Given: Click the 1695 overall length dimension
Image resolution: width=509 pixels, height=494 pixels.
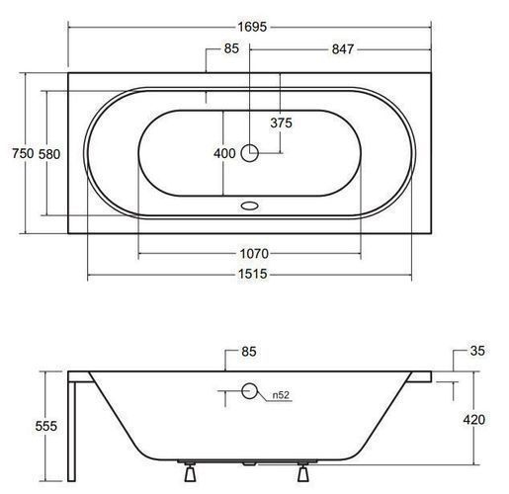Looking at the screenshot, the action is point(252,27).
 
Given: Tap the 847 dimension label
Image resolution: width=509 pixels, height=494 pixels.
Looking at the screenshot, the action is point(343,49).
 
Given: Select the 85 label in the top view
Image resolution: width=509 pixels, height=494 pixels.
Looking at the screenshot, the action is point(231,48).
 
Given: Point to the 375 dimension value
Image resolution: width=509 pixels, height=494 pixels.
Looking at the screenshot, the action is point(281,123).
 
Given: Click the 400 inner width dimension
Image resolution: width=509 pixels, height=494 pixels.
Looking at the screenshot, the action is point(224,153).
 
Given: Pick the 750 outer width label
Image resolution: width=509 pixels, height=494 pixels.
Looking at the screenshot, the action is point(23,153).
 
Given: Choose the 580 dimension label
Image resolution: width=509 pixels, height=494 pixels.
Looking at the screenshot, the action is point(49,154).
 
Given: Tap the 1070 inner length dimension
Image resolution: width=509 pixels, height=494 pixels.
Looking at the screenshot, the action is point(254,254).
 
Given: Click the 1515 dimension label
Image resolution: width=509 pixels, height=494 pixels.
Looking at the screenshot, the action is point(253,274).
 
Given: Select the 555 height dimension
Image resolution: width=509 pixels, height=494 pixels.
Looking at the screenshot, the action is point(46,426).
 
